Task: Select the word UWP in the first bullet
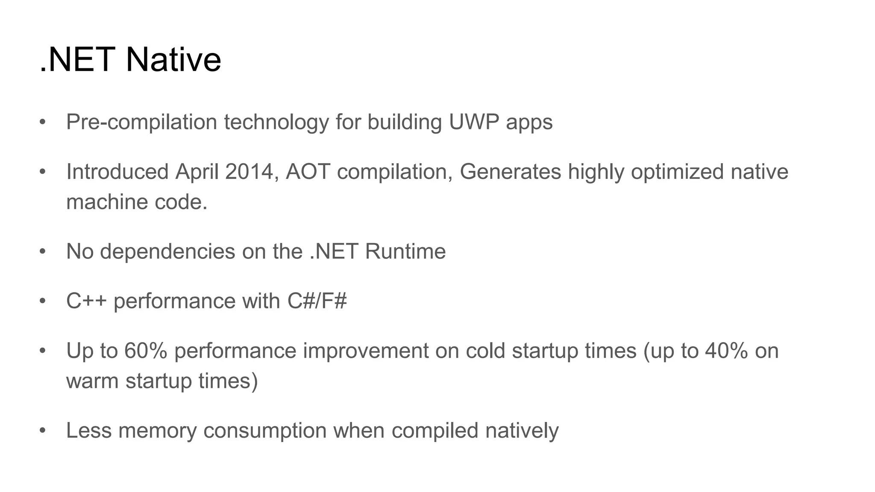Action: (474, 122)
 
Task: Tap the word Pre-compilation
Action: (141, 122)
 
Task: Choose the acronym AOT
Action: (308, 172)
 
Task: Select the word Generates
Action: (510, 172)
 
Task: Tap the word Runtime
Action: (405, 251)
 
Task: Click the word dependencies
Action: (167, 251)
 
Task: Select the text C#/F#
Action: (317, 301)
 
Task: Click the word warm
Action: (92, 381)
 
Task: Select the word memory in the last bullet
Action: (157, 430)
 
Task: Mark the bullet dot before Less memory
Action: (42, 430)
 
